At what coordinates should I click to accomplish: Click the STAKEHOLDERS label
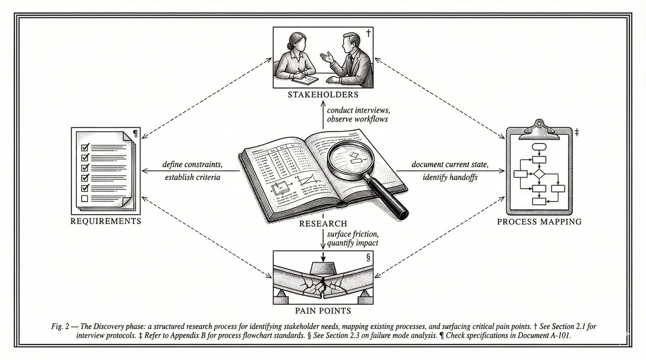[323, 95]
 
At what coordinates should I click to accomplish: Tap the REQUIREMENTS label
[105, 221]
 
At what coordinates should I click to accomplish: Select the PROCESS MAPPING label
[540, 221]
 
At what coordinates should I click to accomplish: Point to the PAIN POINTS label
[323, 310]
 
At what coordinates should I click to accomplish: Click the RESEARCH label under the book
[323, 224]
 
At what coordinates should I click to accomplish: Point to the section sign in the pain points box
[368, 258]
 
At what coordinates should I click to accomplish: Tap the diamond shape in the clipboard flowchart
[538, 174]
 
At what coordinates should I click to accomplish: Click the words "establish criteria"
[192, 177]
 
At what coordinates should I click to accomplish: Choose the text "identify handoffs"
[450, 177]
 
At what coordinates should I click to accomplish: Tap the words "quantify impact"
[353, 243]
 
